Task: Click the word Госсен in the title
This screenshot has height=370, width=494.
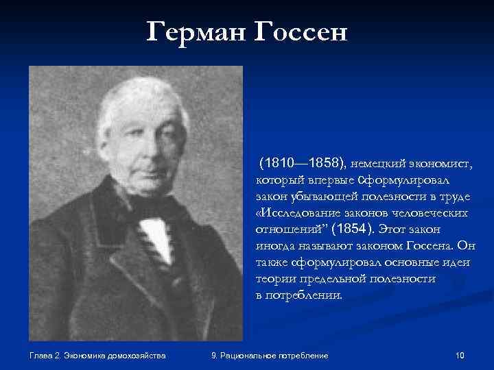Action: pyautogui.click(x=300, y=31)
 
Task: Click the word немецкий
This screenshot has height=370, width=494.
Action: pyautogui.click(x=379, y=164)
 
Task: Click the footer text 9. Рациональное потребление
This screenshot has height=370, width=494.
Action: pyautogui.click(x=270, y=355)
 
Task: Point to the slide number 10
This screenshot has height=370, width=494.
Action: pyautogui.click(x=460, y=355)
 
